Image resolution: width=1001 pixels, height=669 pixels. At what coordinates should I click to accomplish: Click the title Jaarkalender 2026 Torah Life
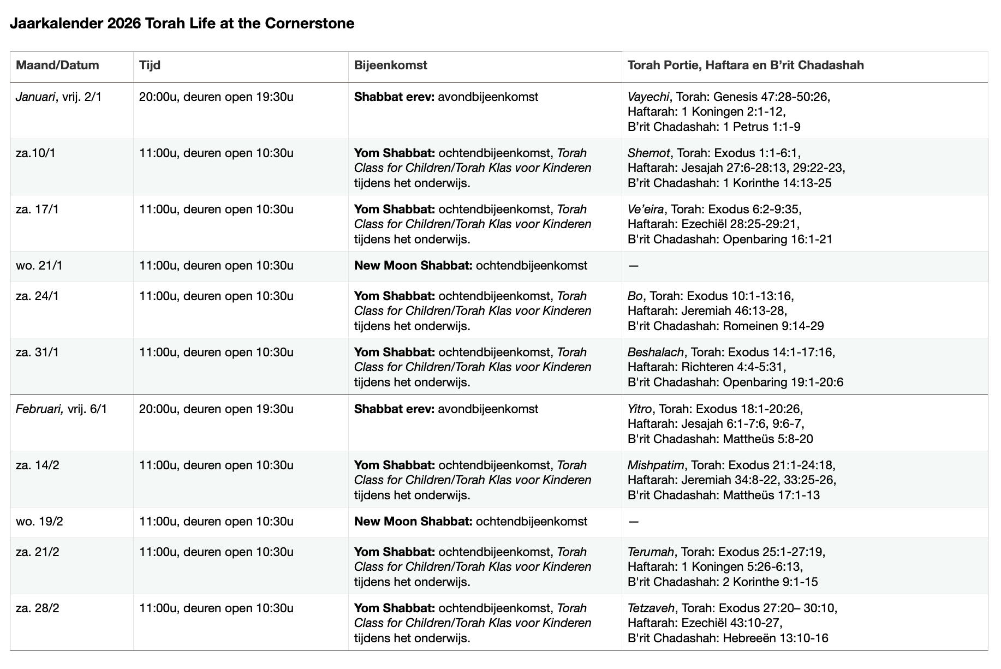(x=182, y=23)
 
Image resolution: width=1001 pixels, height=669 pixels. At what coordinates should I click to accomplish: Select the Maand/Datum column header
(x=57, y=65)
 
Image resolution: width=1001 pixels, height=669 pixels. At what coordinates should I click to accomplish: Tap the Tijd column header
(x=150, y=65)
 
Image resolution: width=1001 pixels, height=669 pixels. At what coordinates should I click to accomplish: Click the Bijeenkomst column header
(x=390, y=65)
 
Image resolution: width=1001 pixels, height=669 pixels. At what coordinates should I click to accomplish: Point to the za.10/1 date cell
(x=35, y=153)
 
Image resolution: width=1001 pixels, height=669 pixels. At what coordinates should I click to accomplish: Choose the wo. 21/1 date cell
(x=39, y=266)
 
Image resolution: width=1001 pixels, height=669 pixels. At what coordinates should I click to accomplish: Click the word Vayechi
(x=648, y=97)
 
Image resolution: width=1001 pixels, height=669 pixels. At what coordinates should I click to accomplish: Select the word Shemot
(x=648, y=153)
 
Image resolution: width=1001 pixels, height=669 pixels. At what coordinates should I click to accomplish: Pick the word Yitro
(x=639, y=409)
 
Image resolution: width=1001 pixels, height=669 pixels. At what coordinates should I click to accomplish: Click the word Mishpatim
(x=655, y=465)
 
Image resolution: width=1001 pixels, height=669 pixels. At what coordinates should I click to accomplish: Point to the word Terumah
(x=651, y=552)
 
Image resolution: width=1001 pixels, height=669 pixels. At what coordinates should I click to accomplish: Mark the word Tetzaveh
(x=651, y=608)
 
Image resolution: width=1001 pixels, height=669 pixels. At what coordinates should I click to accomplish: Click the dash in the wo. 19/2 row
(x=633, y=522)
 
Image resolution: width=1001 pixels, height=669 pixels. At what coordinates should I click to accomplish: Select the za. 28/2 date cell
(x=37, y=608)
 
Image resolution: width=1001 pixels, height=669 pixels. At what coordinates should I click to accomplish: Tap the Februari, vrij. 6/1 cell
(x=61, y=409)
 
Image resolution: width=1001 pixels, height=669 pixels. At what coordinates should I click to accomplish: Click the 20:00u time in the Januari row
(x=158, y=97)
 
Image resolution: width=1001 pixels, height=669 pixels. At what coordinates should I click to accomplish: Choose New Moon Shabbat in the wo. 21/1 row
(x=413, y=266)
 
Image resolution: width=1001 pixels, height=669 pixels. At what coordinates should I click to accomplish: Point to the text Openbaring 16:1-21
(x=777, y=240)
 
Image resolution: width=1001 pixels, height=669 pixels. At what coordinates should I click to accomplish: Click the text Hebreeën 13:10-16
(x=775, y=638)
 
